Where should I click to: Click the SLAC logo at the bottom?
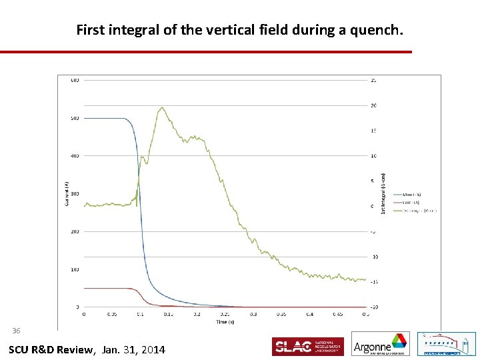pyautogui.click(x=307, y=346)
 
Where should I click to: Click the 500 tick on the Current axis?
pyautogui.click(x=75, y=118)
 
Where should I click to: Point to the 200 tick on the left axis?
pyautogui.click(x=75, y=231)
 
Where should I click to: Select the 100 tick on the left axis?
pyautogui.click(x=75, y=269)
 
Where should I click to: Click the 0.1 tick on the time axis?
pyautogui.click(x=140, y=313)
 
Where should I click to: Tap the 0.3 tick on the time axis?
pyautogui.click(x=253, y=313)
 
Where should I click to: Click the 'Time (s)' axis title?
pyautogui.click(x=225, y=321)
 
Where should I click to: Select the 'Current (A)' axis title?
pyautogui.click(x=67, y=193)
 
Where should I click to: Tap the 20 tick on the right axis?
pyautogui.click(x=374, y=105)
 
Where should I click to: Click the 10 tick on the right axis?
pyautogui.click(x=374, y=156)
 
